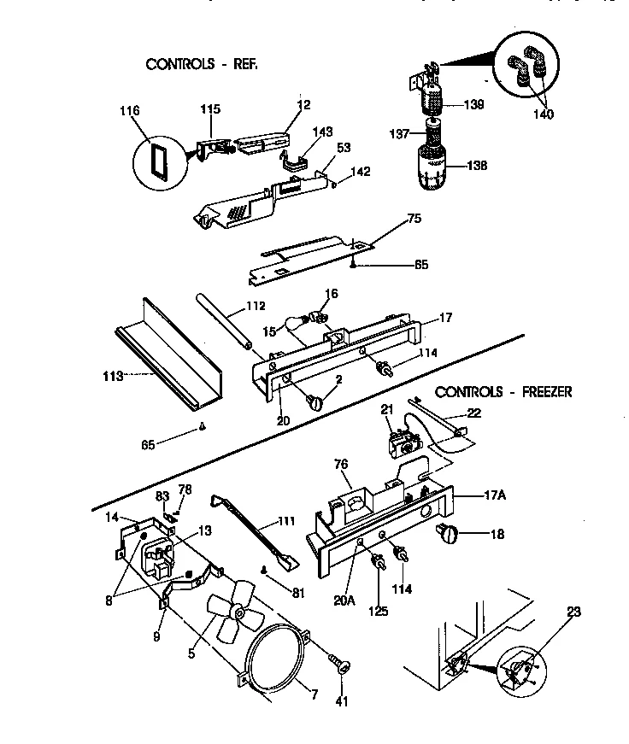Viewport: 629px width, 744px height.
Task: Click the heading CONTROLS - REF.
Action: (x=202, y=64)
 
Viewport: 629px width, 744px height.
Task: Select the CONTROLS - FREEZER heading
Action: (x=503, y=392)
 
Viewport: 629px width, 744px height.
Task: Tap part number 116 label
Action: (x=131, y=111)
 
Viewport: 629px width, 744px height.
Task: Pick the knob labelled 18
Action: (x=450, y=535)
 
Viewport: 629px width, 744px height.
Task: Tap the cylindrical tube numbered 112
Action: (x=226, y=321)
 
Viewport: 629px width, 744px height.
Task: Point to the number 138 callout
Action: (x=476, y=166)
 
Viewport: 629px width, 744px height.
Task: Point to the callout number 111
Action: (x=282, y=521)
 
